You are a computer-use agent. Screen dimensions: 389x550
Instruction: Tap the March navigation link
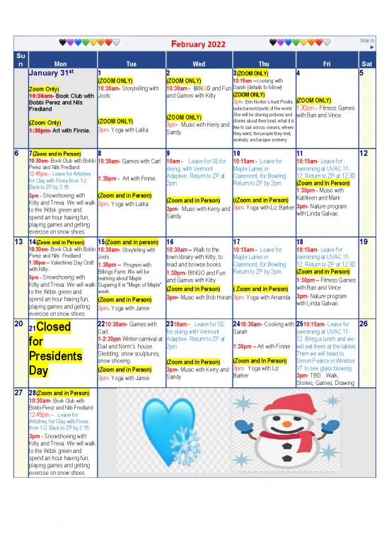[367, 44]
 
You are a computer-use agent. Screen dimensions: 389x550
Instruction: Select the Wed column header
[198, 62]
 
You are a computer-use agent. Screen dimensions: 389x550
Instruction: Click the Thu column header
[263, 62]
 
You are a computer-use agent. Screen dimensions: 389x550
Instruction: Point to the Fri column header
[327, 62]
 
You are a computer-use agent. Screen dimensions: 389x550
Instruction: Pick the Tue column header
[131, 62]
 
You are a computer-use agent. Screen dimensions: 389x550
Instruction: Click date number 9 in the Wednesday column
[168, 154]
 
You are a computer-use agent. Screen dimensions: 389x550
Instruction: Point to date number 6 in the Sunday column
[17, 154]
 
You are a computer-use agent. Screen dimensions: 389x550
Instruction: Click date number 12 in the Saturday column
[363, 154]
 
